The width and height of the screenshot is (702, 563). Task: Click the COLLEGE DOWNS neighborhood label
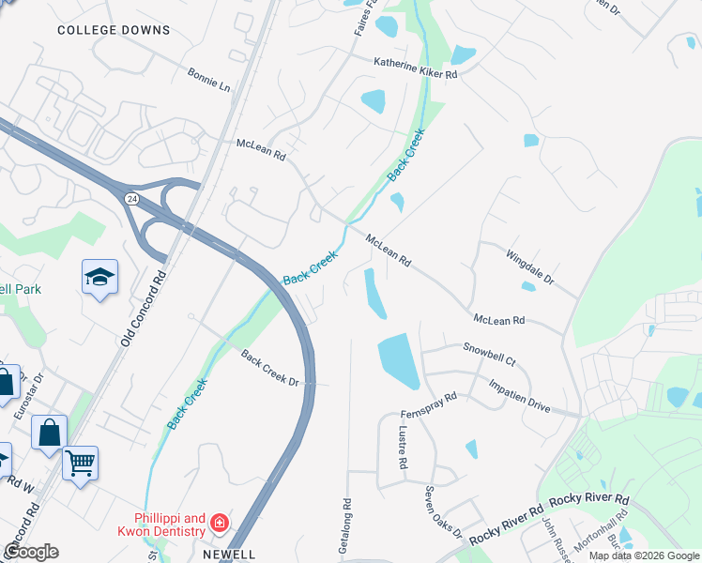click(114, 30)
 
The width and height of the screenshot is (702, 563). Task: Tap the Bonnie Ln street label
click(208, 78)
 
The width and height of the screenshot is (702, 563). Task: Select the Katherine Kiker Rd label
click(415, 68)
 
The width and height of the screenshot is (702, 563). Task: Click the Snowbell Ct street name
click(489, 354)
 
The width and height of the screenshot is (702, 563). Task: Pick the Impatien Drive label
click(519, 395)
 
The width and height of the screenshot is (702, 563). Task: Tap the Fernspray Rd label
click(428, 404)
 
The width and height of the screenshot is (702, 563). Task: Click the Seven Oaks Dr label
click(442, 511)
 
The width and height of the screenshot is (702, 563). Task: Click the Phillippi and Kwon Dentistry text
click(168, 525)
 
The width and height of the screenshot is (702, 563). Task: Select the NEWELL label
click(229, 555)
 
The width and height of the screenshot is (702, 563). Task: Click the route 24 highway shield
click(130, 199)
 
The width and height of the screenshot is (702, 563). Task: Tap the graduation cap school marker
click(99, 277)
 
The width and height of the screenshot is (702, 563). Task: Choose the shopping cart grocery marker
click(81, 463)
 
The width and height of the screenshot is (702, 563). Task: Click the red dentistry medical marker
click(219, 523)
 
